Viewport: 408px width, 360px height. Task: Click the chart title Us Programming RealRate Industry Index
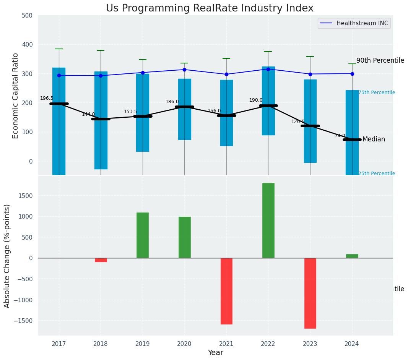pyautogui.click(x=210, y=8)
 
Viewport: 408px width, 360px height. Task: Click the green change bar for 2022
pyautogui.click(x=268, y=221)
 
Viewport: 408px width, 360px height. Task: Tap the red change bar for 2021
pyautogui.click(x=226, y=291)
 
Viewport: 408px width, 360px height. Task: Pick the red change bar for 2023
pyautogui.click(x=310, y=293)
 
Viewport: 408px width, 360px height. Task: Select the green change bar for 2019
pyautogui.click(x=143, y=235)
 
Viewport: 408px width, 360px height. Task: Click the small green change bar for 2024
pyautogui.click(x=352, y=256)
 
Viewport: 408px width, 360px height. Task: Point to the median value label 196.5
pyautogui.click(x=47, y=98)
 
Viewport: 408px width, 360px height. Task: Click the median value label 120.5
pyautogui.click(x=298, y=122)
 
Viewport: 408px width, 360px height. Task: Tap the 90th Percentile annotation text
pyautogui.click(x=380, y=60)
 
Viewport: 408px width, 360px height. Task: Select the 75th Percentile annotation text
pyautogui.click(x=377, y=92)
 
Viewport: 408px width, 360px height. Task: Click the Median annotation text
pyautogui.click(x=374, y=139)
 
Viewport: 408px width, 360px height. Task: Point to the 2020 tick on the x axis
pyautogui.click(x=184, y=344)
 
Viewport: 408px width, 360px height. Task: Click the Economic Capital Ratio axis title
pyautogui.click(x=16, y=96)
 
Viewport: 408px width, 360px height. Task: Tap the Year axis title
pyautogui.click(x=215, y=353)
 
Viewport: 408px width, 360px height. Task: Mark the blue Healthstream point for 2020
pyautogui.click(x=184, y=70)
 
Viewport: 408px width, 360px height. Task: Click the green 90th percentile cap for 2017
pyautogui.click(x=59, y=49)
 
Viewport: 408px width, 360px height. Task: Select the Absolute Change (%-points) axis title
pyautogui.click(x=7, y=256)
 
